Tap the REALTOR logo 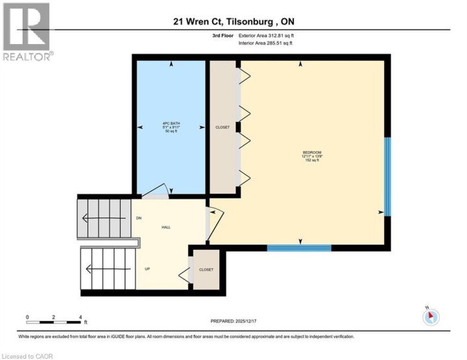pyautogui.click(x=27, y=32)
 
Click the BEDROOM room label pyautogui.click(x=313, y=155)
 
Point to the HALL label pyautogui.click(x=166, y=228)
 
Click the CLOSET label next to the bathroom pyautogui.click(x=222, y=127)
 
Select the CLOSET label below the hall pyautogui.click(x=206, y=269)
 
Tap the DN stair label pyautogui.click(x=139, y=218)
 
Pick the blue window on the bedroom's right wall pyautogui.click(x=387, y=176)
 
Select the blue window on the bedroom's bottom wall pyautogui.click(x=299, y=247)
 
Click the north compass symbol pyautogui.click(x=431, y=317)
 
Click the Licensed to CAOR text pyautogui.click(x=28, y=356)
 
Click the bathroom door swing pyautogui.click(x=156, y=189)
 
